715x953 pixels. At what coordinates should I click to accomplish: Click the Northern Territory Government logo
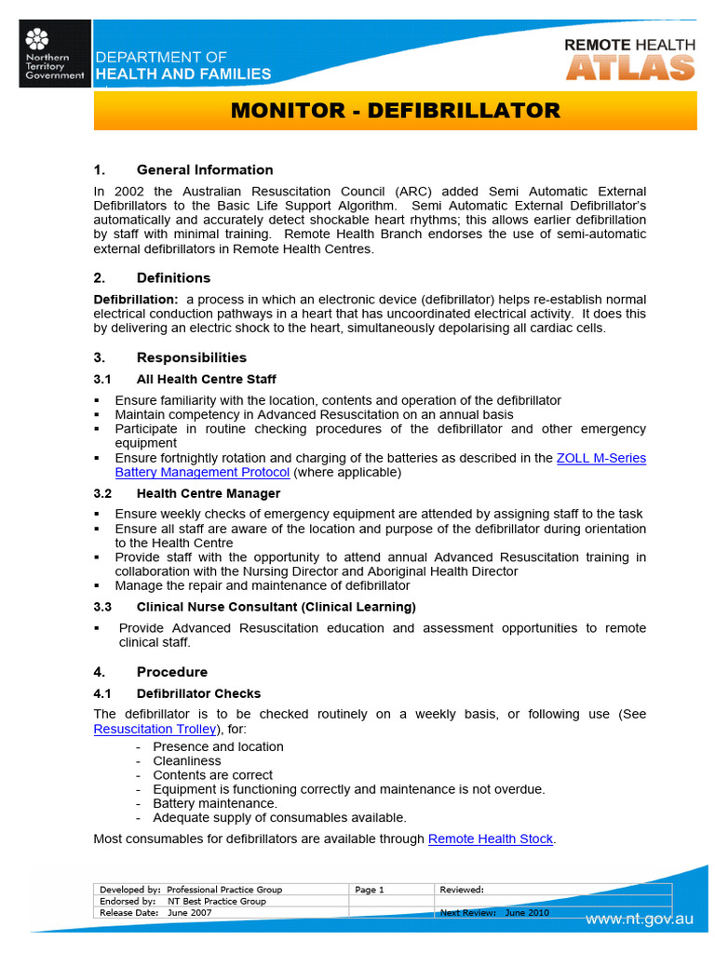point(55,54)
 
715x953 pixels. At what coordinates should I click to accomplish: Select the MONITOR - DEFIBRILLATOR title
point(395,112)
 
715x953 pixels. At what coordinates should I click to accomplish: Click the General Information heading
point(204,169)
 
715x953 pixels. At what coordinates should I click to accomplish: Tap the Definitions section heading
point(173,277)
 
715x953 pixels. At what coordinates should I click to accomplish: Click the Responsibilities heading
point(191,357)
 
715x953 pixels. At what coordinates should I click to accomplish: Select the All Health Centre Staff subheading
point(206,379)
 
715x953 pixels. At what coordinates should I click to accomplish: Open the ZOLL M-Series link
point(600,458)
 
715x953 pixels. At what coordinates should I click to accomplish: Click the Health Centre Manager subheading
point(208,493)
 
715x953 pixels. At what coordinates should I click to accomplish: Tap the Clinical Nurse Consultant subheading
point(276,607)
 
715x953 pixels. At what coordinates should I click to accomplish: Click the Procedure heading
point(171,672)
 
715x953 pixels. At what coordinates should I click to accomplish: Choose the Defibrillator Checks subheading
point(198,693)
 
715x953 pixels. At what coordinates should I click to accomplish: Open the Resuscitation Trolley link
point(155,729)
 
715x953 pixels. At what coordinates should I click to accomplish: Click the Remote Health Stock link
point(491,839)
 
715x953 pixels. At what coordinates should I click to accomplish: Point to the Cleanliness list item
point(187,760)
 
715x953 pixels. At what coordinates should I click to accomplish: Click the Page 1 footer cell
point(370,890)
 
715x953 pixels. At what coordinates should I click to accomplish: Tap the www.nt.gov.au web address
point(639,919)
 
